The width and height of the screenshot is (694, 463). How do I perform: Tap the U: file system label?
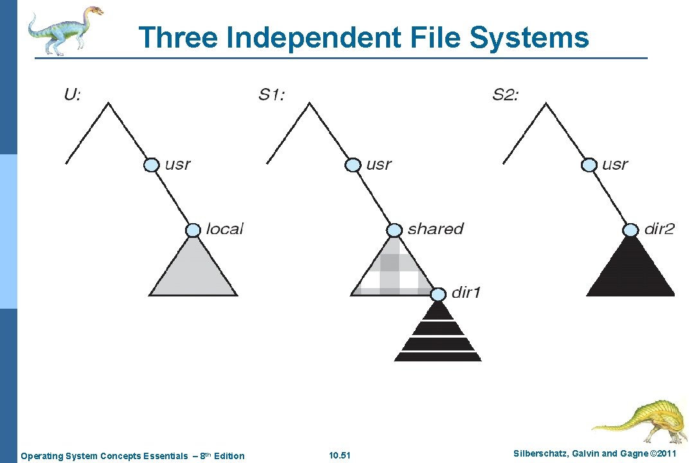coord(73,95)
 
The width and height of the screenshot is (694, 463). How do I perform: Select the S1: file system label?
coord(272,95)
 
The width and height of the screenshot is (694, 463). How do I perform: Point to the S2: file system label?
coord(506,95)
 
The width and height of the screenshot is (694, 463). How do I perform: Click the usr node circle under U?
coord(150,165)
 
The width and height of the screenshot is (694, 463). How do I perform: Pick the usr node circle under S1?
coord(353,165)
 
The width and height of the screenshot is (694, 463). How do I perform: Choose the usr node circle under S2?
coord(589,165)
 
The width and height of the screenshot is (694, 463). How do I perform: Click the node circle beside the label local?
coord(193,230)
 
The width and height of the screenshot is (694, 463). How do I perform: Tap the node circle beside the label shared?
coord(395,230)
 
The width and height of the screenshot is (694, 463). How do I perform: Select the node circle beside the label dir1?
coord(438,295)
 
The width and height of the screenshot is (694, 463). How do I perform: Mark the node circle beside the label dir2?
coord(631,230)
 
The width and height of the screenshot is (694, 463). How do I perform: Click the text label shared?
coord(435,229)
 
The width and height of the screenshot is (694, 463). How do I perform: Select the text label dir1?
coord(466,293)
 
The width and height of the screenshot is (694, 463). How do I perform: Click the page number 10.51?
coord(339,456)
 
